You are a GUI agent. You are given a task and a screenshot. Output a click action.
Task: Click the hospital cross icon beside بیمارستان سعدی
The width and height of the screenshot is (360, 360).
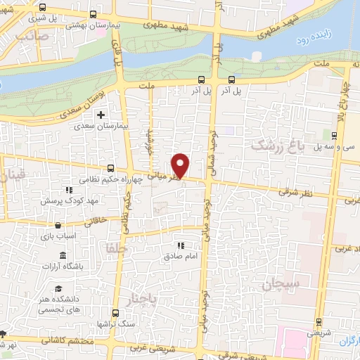point(101,115)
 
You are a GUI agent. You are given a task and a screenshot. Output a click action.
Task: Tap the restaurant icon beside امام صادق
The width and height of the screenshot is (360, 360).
point(181,246)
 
